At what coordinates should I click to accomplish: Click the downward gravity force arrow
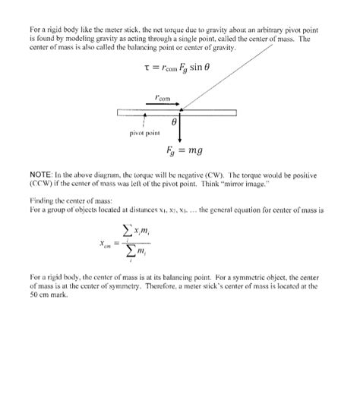[x=179, y=129]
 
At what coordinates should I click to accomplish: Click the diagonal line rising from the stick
[x=228, y=76]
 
